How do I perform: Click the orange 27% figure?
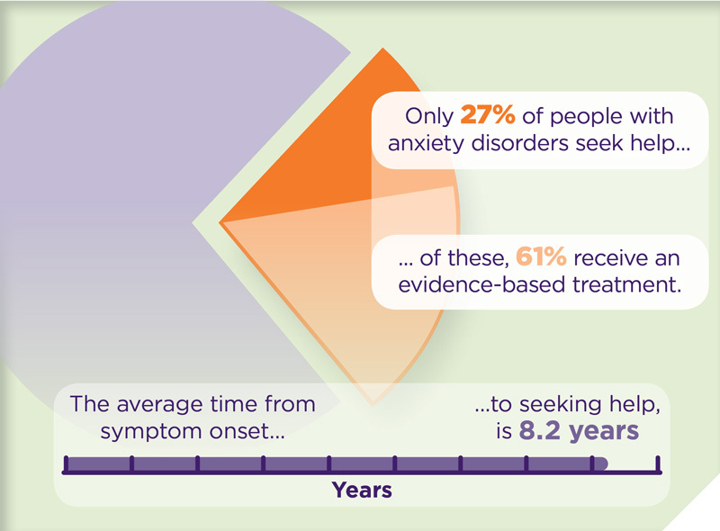pos(487,115)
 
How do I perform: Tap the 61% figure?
pos(541,256)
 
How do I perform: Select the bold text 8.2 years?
pos(579,431)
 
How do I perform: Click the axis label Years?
pos(362,490)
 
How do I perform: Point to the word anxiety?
pos(427,143)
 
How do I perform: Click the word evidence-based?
pos(481,284)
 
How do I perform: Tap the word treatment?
pos(626,284)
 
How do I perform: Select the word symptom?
pos(151,432)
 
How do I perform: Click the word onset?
pos(247,431)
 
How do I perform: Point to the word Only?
pos(429,116)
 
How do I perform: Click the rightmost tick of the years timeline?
pos(658,463)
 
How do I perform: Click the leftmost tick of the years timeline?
pos(66,463)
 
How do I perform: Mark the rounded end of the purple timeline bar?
pos(604,463)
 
